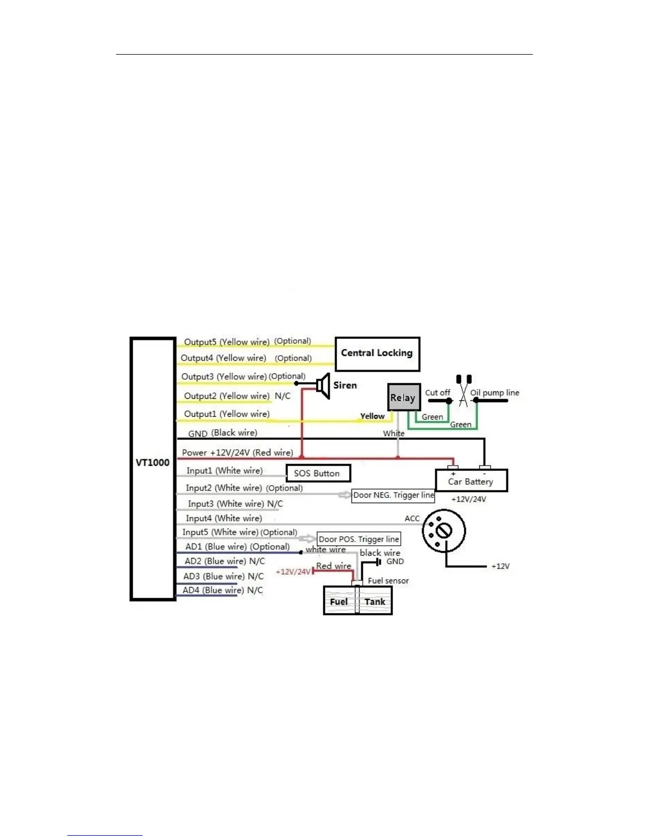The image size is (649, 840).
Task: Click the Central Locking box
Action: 377,354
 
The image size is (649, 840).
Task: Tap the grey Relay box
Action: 404,397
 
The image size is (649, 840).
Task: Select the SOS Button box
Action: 318,473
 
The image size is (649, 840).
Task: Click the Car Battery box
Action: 471,481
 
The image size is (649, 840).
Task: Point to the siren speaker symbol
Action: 323,386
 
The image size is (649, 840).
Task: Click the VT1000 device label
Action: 153,462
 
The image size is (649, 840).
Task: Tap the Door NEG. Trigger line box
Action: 393,495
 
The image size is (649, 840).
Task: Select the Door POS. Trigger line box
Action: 359,539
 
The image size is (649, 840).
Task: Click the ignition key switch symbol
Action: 444,530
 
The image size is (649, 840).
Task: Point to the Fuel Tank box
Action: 357,602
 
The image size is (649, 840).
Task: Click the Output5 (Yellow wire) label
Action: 226,342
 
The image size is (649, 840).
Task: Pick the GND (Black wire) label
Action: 223,433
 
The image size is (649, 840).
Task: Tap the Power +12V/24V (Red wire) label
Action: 237,452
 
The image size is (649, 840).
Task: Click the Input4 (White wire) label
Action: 224,518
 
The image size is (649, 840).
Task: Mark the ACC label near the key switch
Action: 412,518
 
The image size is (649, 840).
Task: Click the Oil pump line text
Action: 495,393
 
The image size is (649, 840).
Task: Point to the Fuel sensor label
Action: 388,581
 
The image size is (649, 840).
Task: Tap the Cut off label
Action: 437,393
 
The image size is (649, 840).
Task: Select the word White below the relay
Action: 393,433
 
